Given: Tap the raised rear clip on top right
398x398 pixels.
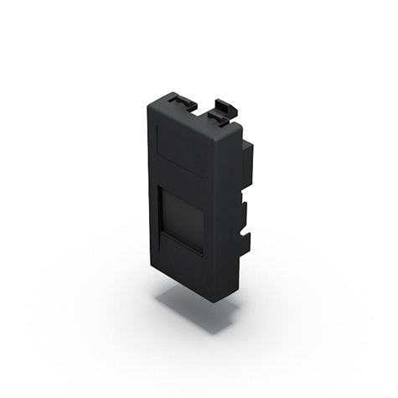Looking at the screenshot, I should pyautogui.click(x=224, y=107).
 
